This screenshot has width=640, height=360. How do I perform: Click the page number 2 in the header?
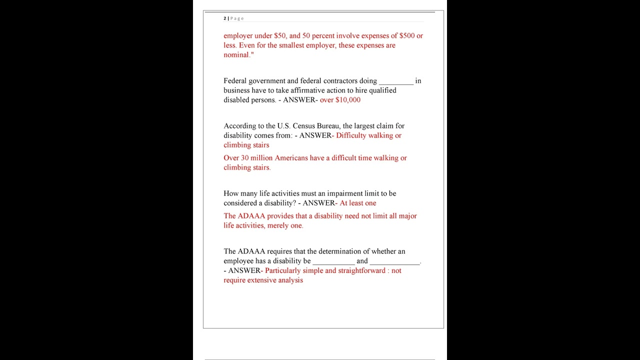(225, 18)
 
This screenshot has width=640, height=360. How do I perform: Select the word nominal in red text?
(236, 55)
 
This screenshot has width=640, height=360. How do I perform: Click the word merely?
(278, 225)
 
